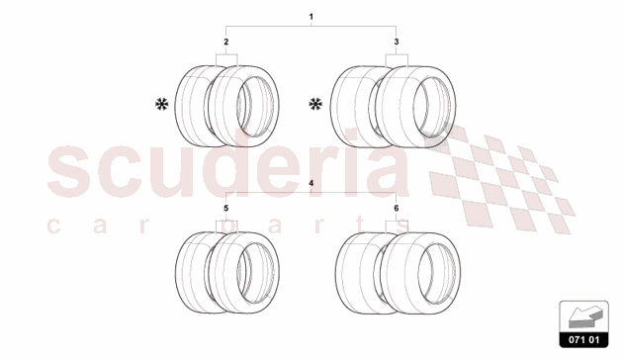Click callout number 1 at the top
pyautogui.click(x=311, y=17)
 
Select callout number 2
pyautogui.click(x=226, y=43)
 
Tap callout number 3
pyautogui.click(x=397, y=43)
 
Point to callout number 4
pyautogui.click(x=311, y=185)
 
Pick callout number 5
pyautogui.click(x=226, y=210)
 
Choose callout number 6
pyautogui.click(x=397, y=210)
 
